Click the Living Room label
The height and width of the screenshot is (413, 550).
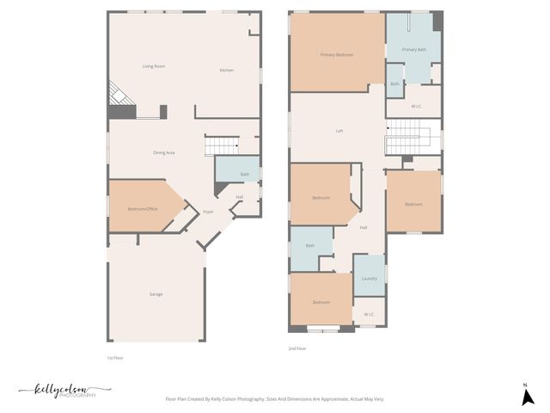tap(154, 66)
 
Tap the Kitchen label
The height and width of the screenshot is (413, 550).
tap(227, 70)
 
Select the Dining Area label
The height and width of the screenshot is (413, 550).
tap(164, 152)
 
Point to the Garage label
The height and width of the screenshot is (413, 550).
tap(156, 294)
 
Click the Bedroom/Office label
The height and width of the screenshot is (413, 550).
tap(143, 209)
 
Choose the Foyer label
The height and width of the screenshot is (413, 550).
tap(208, 212)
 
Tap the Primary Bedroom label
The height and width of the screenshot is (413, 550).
tap(337, 55)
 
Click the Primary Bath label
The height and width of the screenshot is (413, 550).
tap(414, 50)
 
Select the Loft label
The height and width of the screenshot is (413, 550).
tap(339, 131)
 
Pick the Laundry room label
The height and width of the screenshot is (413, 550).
tap(370, 278)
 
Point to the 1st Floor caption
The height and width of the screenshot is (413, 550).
tap(115, 357)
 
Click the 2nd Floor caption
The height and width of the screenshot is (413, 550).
tap(298, 348)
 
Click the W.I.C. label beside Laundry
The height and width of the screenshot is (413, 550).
tap(370, 314)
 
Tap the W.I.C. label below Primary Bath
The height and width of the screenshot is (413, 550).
tap(416, 107)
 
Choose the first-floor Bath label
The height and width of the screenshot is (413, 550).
tap(245, 175)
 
